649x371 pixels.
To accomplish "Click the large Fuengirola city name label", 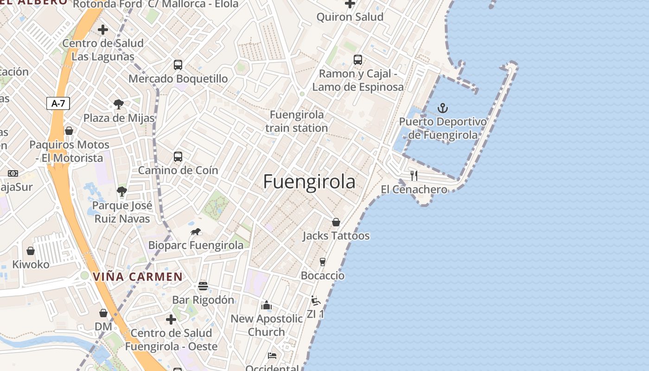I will coord(309,182).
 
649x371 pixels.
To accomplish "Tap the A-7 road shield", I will coord(58,103).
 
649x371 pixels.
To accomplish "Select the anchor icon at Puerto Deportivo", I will coord(443,109).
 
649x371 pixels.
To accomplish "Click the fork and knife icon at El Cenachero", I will coord(414,175).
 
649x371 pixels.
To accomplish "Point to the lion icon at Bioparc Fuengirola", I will coord(196,231).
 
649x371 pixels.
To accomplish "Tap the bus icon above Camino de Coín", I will coord(178,156).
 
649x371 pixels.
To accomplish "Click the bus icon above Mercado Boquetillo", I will coord(178,65).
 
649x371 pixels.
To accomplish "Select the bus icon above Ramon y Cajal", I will coord(357,59).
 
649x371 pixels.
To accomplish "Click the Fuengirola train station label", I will coord(297,121).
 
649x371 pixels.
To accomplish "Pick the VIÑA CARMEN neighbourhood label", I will coord(138,277).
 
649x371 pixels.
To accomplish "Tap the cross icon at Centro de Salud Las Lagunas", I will coord(103,30).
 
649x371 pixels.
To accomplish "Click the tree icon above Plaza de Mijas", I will coord(119,104).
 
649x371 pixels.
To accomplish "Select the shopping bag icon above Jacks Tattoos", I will coord(336,222).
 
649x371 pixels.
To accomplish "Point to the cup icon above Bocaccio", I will coord(323,262).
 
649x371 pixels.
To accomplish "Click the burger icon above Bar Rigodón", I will coord(203,286).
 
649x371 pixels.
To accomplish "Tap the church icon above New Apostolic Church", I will coord(266,305).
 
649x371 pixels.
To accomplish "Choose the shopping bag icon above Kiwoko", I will coord(31,251).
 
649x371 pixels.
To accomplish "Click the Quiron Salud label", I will coord(350,17).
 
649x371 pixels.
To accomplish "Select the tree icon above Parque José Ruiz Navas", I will coord(122,191).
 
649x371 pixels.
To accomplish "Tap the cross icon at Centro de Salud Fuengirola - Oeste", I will coord(171,319).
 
